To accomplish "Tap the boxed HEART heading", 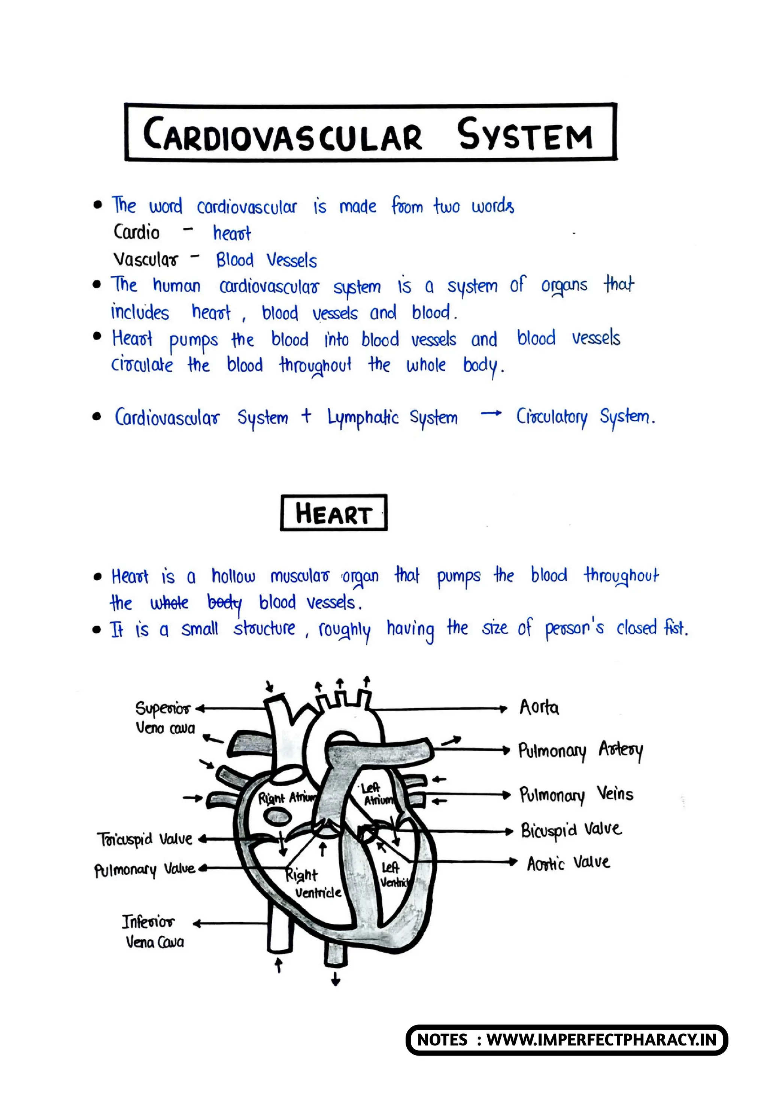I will click(x=334, y=513).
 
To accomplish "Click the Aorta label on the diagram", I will click(x=539, y=707).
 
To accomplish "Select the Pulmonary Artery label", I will click(x=580, y=750).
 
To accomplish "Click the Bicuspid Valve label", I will click(x=571, y=830).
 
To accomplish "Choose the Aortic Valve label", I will click(x=568, y=863).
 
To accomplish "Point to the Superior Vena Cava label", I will click(x=163, y=717).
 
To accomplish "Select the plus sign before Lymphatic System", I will click(x=306, y=416).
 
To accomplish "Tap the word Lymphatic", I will click(x=363, y=418).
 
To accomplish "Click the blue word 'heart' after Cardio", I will click(x=232, y=233).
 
